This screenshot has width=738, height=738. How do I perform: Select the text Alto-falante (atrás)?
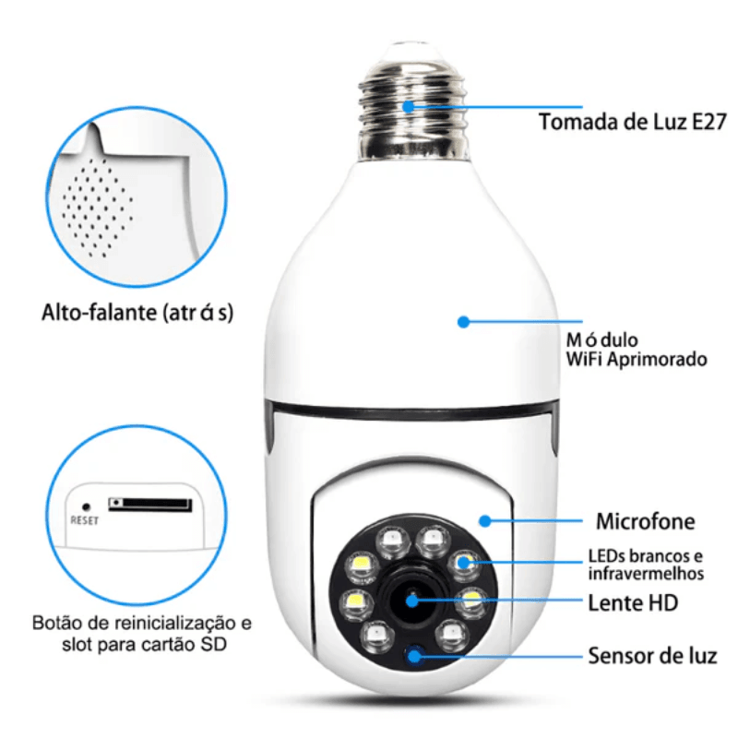click(x=137, y=313)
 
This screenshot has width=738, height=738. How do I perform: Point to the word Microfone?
click(x=645, y=521)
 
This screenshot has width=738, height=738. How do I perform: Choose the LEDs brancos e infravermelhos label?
click(x=646, y=565)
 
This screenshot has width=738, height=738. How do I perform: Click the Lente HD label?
click(x=633, y=604)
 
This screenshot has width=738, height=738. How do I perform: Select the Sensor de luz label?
click(x=652, y=656)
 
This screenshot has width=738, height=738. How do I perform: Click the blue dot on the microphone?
click(x=482, y=520)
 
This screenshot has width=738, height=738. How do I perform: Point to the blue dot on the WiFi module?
click(x=463, y=322)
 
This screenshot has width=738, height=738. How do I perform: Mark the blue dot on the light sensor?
click(x=415, y=656)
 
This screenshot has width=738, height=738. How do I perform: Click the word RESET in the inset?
click(x=85, y=519)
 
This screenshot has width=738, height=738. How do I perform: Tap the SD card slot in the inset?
click(x=150, y=505)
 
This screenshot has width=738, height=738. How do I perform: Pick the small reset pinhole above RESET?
click(x=86, y=506)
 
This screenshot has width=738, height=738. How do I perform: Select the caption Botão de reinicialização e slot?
click(x=141, y=631)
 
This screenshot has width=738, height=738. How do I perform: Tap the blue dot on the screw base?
click(x=408, y=106)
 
